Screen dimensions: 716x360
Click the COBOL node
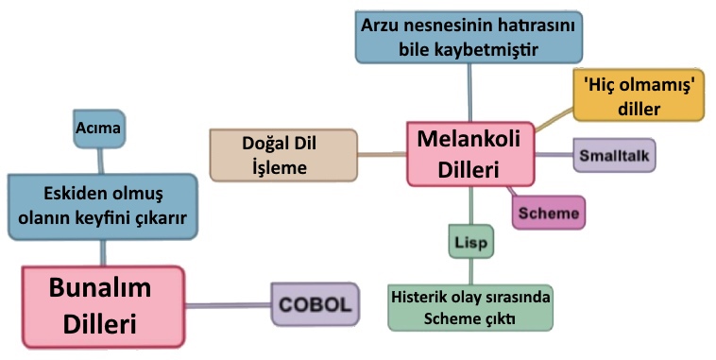tap(315, 304)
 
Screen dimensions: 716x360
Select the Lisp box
tap(470, 242)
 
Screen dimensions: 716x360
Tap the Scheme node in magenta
tap(549, 213)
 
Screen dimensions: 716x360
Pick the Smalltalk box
tap(614, 155)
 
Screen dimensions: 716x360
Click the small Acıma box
tap(99, 129)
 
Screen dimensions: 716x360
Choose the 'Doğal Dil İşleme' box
tap(283, 155)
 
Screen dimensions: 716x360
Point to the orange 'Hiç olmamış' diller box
tap(639, 95)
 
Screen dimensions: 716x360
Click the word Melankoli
tap(469, 139)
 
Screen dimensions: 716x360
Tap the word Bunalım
tap(100, 288)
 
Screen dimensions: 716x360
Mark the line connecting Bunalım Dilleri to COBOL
tap(228, 305)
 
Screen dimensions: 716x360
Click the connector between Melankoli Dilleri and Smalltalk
tap(554, 155)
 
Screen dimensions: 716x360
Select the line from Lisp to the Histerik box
tap(470, 272)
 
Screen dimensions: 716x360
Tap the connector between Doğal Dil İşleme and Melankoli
tap(383, 154)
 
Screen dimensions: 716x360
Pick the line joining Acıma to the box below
tap(101, 162)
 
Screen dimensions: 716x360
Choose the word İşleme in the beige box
tap(279, 167)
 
